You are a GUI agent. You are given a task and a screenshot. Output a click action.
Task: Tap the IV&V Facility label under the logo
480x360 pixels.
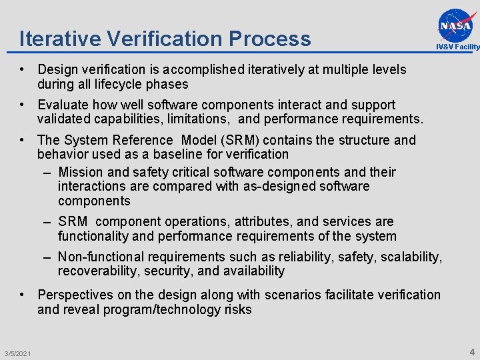click(457, 47)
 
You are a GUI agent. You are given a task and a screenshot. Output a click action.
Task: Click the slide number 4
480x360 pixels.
click(472, 352)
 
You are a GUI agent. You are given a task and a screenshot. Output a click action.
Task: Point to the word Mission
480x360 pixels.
click(81, 172)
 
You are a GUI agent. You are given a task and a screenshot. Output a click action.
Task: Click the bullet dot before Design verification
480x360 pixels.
click(23, 69)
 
